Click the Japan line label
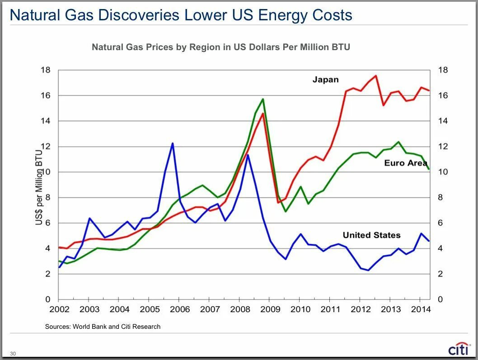pyautogui.click(x=325, y=80)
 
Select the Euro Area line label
pyautogui.click(x=405, y=163)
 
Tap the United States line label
pyautogui.click(x=371, y=235)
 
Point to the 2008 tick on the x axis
pyautogui.click(x=240, y=309)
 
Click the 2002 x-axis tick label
pyautogui.click(x=59, y=309)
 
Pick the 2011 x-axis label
pyautogui.click(x=330, y=309)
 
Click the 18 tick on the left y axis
pyautogui.click(x=45, y=70)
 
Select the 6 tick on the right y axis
pyautogui.click(x=441, y=223)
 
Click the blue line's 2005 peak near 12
pyautogui.click(x=173, y=143)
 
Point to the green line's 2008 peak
pyautogui.click(x=262, y=99)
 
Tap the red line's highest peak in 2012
pyautogui.click(x=376, y=75)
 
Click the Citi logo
pyautogui.click(x=458, y=349)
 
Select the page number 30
pyautogui.click(x=13, y=353)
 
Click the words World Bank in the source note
pyautogui.click(x=88, y=327)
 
